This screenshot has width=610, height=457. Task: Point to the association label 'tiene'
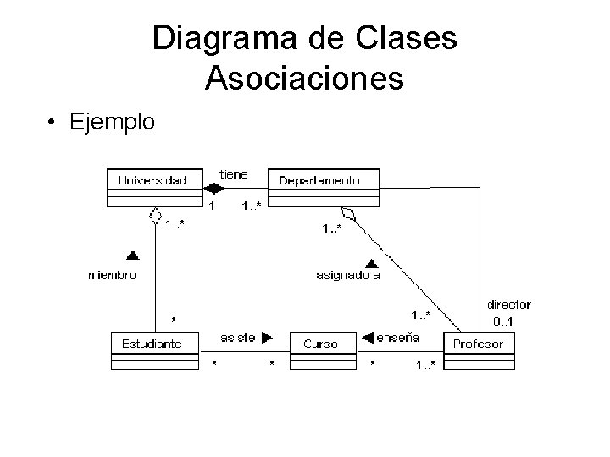[234, 174]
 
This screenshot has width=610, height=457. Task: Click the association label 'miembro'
[113, 275]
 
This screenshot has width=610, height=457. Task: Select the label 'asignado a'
[347, 275]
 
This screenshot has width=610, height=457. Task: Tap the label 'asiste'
[237, 338]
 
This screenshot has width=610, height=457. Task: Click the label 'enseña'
[397, 338]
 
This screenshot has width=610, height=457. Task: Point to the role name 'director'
[508, 305]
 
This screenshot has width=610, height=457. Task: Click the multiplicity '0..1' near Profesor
[508, 322]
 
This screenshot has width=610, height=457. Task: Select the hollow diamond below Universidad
[154, 216]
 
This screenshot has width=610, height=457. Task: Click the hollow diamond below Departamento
[347, 213]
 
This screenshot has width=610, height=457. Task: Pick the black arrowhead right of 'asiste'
[267, 338]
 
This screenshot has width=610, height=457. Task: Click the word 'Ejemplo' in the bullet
[113, 122]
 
